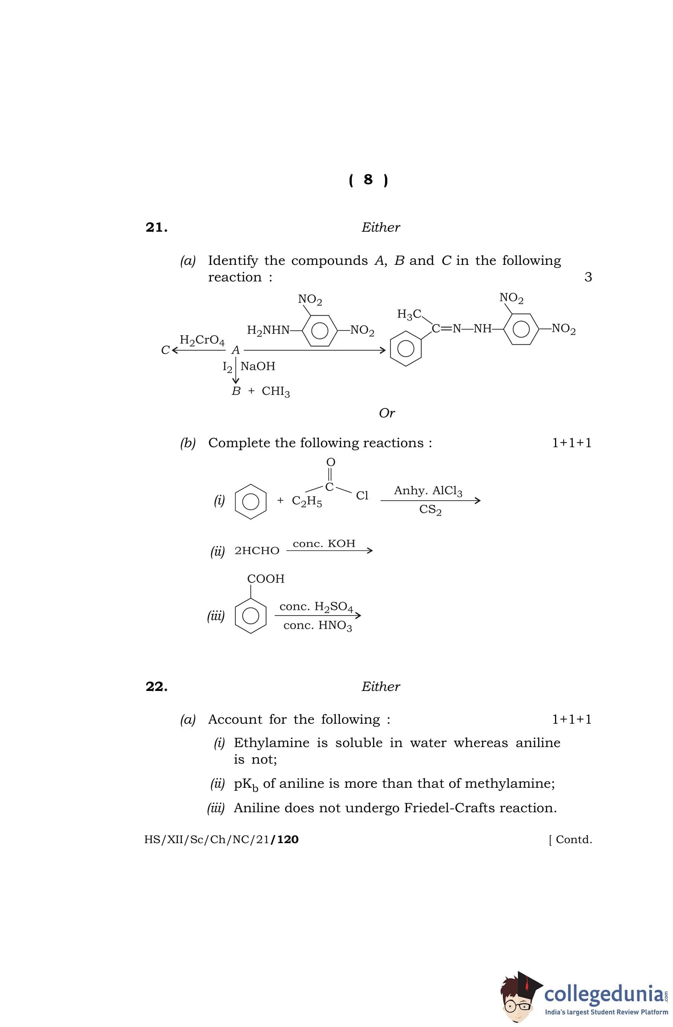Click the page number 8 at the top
click(368, 179)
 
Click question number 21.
click(156, 228)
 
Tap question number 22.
click(156, 686)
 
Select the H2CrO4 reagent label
click(202, 341)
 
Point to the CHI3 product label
click(276, 391)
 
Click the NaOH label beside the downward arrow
click(258, 366)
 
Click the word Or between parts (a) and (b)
click(387, 413)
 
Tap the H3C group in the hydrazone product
click(409, 314)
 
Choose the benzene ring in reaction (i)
click(250, 501)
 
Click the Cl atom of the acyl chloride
click(362, 496)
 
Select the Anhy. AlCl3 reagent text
click(428, 491)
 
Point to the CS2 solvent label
click(430, 510)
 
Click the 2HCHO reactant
click(257, 551)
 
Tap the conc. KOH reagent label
click(324, 544)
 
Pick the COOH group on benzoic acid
click(266, 579)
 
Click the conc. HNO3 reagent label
click(318, 626)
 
